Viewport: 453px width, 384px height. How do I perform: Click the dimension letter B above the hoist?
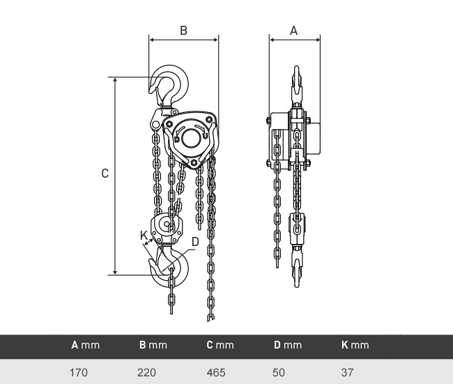pos(183,31)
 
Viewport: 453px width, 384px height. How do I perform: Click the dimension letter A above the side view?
pos(293,31)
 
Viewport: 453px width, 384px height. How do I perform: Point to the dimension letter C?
pos(105,174)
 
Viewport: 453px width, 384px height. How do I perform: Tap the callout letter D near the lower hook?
pos(195,242)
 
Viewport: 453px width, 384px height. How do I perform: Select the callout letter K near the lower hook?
pos(144,236)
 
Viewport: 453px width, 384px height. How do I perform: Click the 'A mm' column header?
pos(85,345)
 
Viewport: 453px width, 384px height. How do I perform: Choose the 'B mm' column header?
pos(153,345)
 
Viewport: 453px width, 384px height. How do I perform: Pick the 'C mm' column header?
pos(220,345)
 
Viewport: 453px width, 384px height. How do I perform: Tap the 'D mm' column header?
pos(288,345)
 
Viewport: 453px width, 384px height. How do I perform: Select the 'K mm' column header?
pos(355,345)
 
